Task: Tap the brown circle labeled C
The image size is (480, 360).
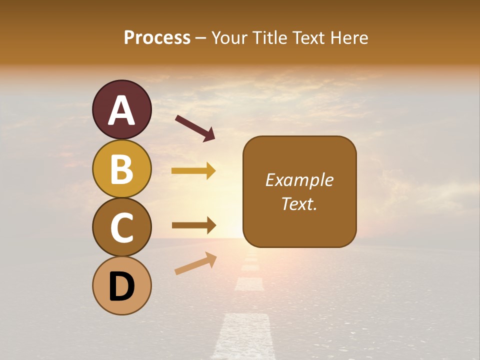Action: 121,227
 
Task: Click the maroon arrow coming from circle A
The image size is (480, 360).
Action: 195,128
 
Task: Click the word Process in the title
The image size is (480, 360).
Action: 157,38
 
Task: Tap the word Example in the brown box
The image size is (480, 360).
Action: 299,180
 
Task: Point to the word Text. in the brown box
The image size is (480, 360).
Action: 299,203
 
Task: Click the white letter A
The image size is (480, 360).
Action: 121,111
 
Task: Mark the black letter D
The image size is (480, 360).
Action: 121,286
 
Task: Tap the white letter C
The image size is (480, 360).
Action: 121,227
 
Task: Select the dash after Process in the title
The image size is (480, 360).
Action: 201,38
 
